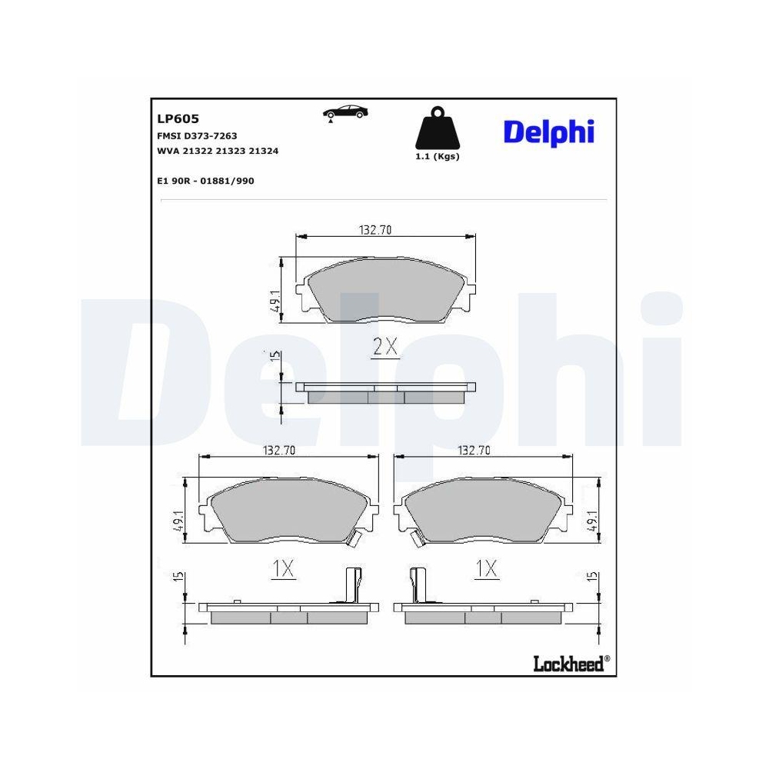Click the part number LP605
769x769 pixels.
pyautogui.click(x=178, y=118)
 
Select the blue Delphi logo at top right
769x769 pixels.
pyautogui.click(x=548, y=131)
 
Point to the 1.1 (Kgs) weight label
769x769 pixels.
pyautogui.click(x=436, y=156)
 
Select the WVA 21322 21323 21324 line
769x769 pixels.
pyautogui.click(x=217, y=151)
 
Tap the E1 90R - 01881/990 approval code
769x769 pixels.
pyautogui.click(x=205, y=181)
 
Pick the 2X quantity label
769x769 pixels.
pyautogui.click(x=384, y=348)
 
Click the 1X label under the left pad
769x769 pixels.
pyautogui.click(x=283, y=568)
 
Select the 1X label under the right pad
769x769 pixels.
pyautogui.click(x=486, y=568)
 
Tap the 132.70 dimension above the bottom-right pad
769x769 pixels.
pyautogui.click(x=474, y=451)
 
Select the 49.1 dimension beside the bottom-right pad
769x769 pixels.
pyautogui.click(x=593, y=521)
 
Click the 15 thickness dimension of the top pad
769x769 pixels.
pyautogui.click(x=275, y=358)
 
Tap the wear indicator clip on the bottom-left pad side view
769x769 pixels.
pyautogui.click(x=352, y=585)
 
